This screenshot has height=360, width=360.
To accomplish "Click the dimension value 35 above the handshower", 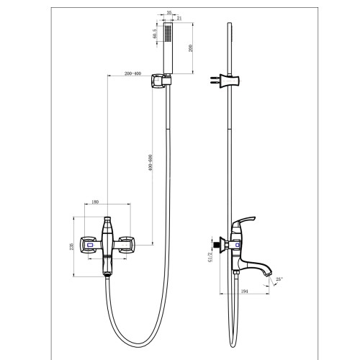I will (169, 13).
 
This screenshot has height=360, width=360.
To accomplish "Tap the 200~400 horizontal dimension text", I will (132, 73).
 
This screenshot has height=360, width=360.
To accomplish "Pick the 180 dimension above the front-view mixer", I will (96, 202).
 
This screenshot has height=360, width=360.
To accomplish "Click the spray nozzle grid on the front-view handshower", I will (169, 35).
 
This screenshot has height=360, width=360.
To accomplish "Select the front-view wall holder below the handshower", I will (164, 84).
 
